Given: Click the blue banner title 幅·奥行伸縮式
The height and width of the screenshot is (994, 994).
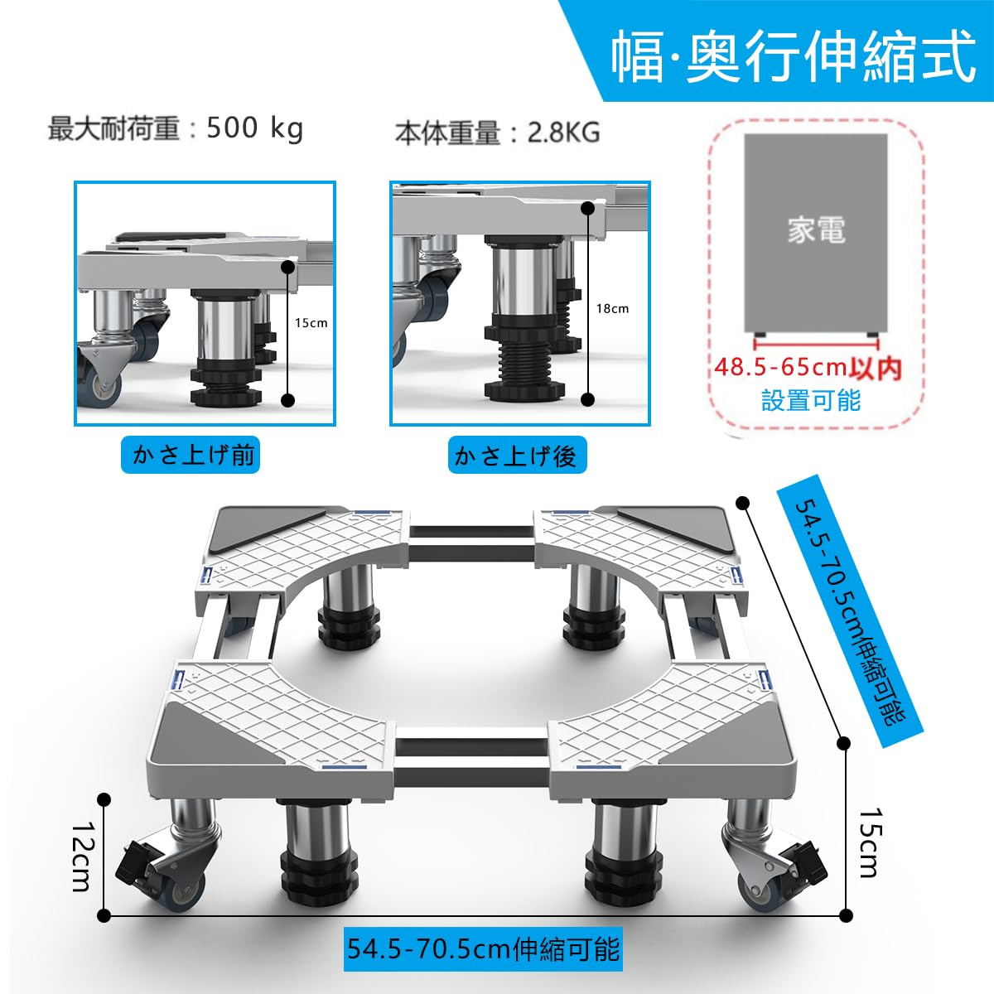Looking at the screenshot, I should pos(794,56).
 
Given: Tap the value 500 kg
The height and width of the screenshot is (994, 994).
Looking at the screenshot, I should pos(254,128).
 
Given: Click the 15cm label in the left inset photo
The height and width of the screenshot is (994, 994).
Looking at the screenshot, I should pos(311,323).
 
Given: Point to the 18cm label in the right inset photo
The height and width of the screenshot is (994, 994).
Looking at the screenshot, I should pos(612,308).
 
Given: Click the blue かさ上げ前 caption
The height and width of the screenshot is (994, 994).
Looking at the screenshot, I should pos(191,455).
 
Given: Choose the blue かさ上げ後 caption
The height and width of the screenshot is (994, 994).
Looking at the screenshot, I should pos(515,456).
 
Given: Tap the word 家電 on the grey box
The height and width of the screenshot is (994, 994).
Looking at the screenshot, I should pos(816,229).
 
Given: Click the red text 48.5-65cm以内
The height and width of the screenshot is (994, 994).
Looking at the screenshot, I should pos(808,366).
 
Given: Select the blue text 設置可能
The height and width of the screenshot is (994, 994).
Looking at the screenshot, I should pos(811,400).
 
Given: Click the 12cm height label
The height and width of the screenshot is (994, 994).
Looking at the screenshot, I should pos(80,856).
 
